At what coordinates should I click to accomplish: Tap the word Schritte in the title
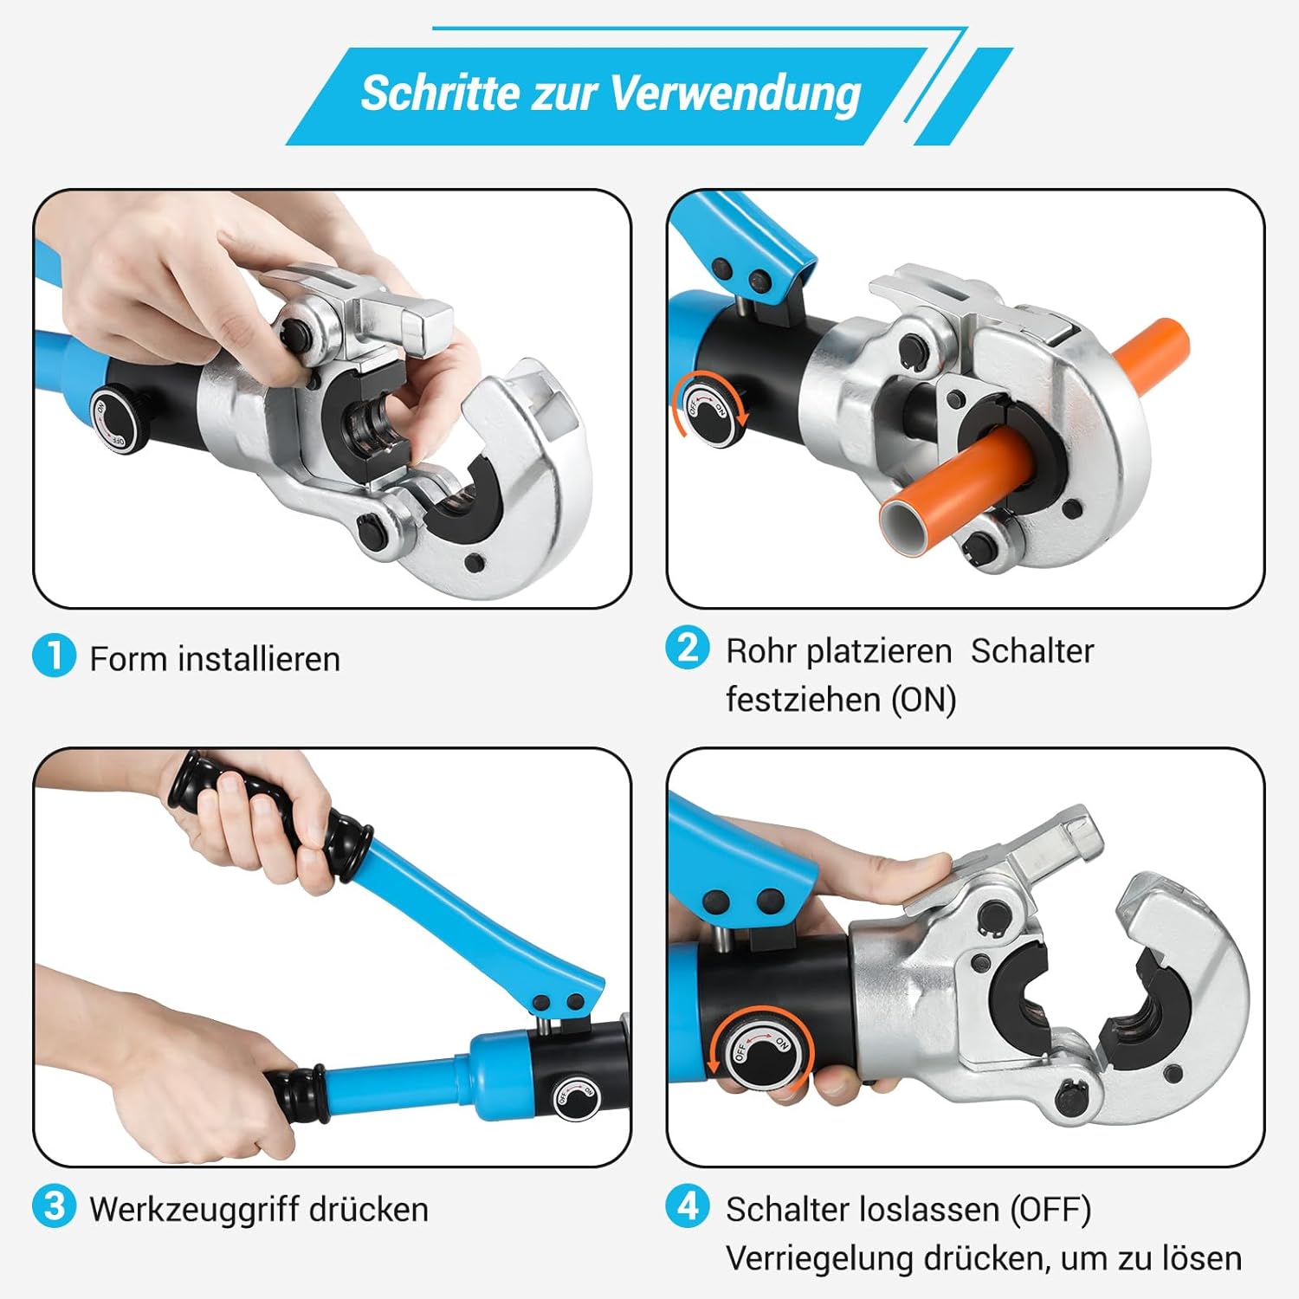[x=439, y=93]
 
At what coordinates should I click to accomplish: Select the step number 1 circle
[x=55, y=656]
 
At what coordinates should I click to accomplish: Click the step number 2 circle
[x=688, y=649]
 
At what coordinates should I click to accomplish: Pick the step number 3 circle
[x=55, y=1205]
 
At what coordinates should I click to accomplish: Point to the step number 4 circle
[x=688, y=1205]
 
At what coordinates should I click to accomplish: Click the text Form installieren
[x=215, y=659]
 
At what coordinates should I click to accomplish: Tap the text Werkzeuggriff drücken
[x=259, y=1210]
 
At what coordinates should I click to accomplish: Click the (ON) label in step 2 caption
[x=924, y=700]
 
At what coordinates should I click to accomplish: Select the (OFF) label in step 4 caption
[x=1050, y=1210]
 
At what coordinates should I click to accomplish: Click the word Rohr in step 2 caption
[x=760, y=651]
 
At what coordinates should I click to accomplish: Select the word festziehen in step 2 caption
[x=805, y=700]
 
